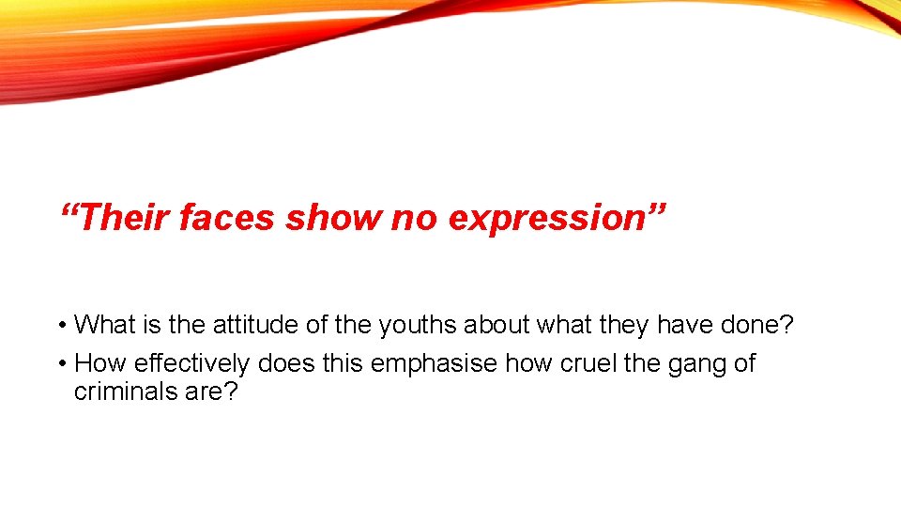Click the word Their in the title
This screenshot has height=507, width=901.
pyautogui.click(x=124, y=218)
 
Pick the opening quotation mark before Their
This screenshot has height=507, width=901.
pyautogui.click(x=68, y=208)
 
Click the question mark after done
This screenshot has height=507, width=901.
pyautogui.click(x=787, y=325)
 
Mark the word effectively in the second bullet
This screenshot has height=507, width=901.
pyautogui.click(x=191, y=363)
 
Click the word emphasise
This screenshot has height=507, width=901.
pyautogui.click(x=435, y=363)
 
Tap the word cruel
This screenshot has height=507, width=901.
pyautogui.click(x=586, y=362)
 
